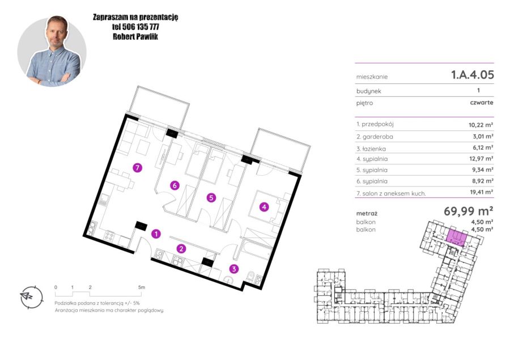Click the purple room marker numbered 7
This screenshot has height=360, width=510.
click(x=138, y=168)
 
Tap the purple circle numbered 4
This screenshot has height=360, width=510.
click(x=264, y=207)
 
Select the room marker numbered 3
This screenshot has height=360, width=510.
click(x=234, y=269)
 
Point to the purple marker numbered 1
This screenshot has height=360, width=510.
click(x=156, y=234)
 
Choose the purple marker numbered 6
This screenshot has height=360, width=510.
click(x=175, y=185)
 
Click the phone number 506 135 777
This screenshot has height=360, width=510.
click(x=141, y=27)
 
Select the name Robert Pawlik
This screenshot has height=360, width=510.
click(x=135, y=36)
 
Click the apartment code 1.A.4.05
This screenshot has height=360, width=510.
click(x=472, y=75)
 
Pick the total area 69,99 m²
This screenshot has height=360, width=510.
click(x=469, y=211)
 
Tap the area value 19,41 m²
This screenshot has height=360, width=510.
click(x=481, y=192)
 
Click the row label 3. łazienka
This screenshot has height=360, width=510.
click(x=371, y=149)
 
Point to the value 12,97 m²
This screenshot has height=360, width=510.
click(x=481, y=159)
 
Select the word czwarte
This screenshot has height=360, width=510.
click(x=482, y=103)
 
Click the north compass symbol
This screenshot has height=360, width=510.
click(x=31, y=297)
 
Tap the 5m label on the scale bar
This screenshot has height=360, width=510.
click(x=142, y=287)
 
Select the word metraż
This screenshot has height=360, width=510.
click(x=367, y=214)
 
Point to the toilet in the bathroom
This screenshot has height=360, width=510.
click(x=251, y=276)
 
